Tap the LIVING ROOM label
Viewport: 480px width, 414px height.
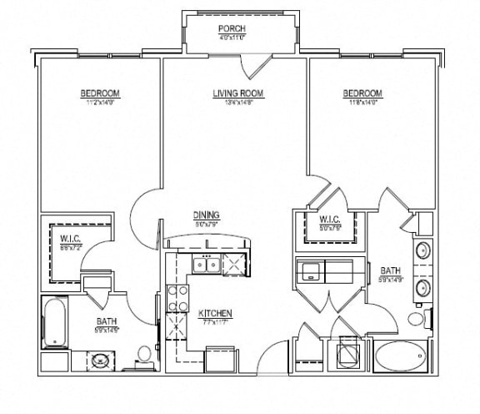pyautogui.click(x=238, y=93)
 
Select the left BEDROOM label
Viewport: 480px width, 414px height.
pyautogui.click(x=100, y=93)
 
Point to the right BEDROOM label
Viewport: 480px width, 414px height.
pyautogui.click(x=362, y=93)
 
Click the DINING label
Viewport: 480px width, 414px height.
pyautogui.click(x=206, y=214)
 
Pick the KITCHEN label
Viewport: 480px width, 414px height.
pyautogui.click(x=214, y=314)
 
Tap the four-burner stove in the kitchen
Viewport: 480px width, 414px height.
pyautogui.click(x=177, y=298)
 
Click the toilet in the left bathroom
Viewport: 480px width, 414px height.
pyautogui.click(x=143, y=355)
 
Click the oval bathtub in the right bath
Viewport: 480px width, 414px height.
pyautogui.click(x=400, y=356)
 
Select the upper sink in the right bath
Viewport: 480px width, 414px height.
pyautogui.click(x=422, y=250)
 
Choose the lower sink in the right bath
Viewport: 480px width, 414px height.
pyautogui.click(x=422, y=287)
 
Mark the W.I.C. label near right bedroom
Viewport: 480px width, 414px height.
pyautogui.click(x=329, y=220)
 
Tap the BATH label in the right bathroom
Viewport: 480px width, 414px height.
pyautogui.click(x=391, y=270)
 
